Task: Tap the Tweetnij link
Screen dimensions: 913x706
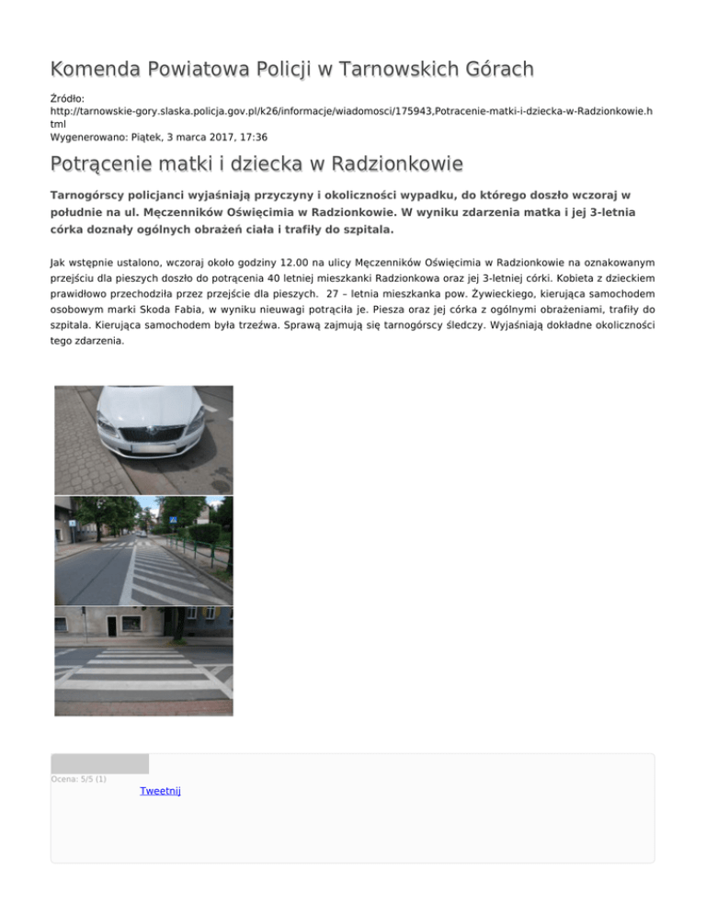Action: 160,791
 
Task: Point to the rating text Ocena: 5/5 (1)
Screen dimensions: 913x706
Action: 79,780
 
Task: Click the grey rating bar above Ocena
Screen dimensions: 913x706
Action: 99,763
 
